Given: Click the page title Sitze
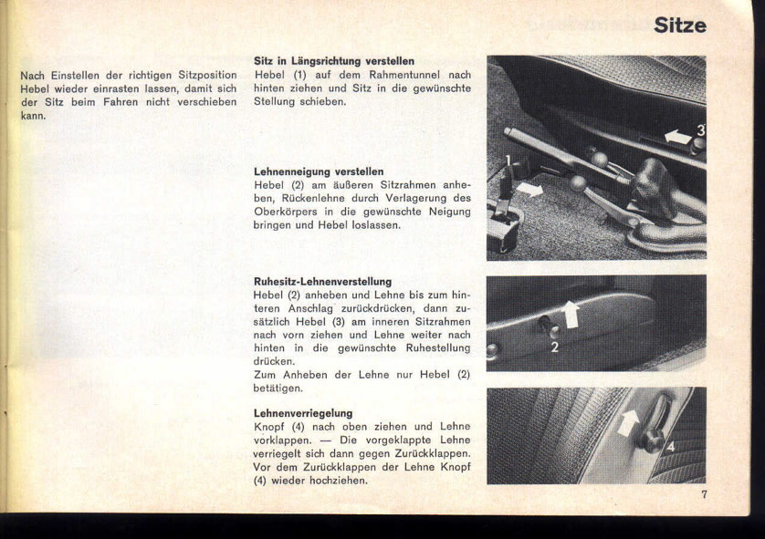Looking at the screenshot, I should (679, 25).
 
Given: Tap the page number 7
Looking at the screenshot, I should (705, 494).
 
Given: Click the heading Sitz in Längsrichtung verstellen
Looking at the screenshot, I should (333, 61).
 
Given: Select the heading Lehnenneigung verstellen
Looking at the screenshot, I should (318, 171).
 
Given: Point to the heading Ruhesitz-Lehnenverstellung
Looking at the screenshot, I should (322, 281).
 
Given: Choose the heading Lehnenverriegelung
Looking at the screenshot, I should (303, 413).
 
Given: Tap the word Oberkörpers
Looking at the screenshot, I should (288, 212).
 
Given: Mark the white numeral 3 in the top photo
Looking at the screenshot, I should (700, 130).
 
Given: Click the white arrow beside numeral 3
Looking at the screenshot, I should (676, 137).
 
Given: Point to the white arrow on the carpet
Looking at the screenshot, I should (529, 190).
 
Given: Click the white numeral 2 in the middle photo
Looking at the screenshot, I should (554, 347).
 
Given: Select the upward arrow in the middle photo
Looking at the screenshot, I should (571, 314).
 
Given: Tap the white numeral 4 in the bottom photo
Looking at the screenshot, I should (670, 446).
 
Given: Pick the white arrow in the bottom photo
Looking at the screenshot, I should (628, 422).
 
